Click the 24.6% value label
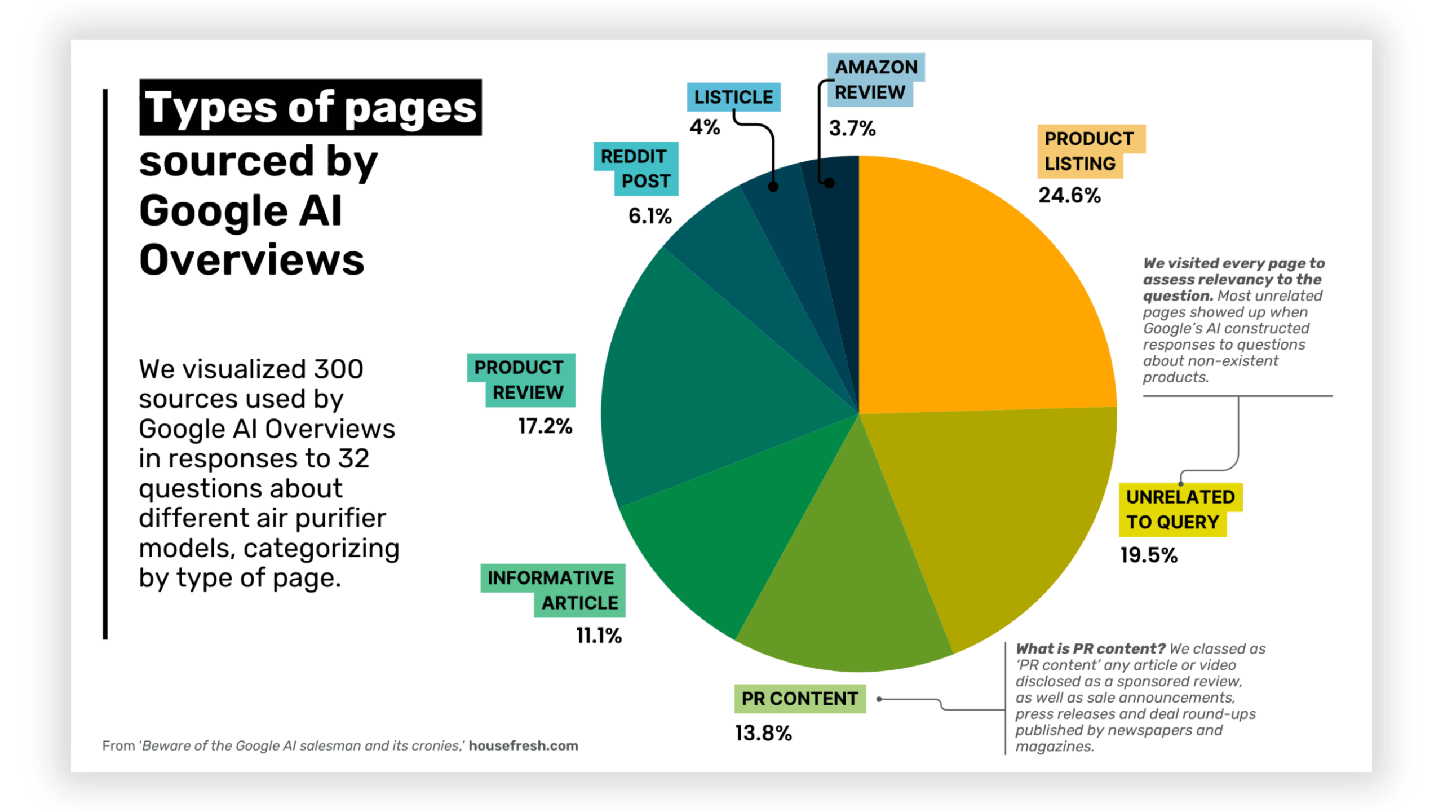pyautogui.click(x=1069, y=196)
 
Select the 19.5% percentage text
pyautogui.click(x=1149, y=555)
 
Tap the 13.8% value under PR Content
pyautogui.click(x=763, y=733)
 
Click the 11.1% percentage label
pyautogui.click(x=599, y=636)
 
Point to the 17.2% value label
pyautogui.click(x=545, y=426)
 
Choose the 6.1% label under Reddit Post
pyautogui.click(x=650, y=216)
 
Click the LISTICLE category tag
pyautogui.click(x=733, y=97)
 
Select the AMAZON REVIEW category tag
pyautogui.click(x=875, y=80)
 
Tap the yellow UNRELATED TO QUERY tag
pyautogui.click(x=1179, y=509)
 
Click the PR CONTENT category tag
pyautogui.click(x=799, y=699)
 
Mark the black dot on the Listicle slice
pyautogui.click(x=773, y=187)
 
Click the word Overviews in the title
pyautogui.click(x=252, y=260)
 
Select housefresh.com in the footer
pyautogui.click(x=523, y=745)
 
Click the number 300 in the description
pyautogui.click(x=338, y=369)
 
